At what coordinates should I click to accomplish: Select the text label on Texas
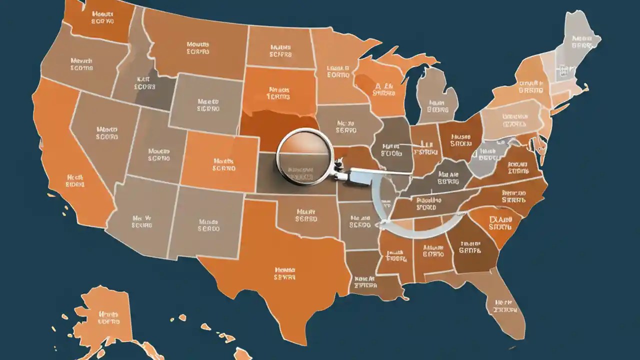click(285, 272)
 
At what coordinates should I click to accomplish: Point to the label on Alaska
click(108, 318)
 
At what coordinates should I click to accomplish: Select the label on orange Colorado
click(224, 165)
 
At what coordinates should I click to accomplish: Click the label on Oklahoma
click(306, 215)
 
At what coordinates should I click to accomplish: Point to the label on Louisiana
click(365, 282)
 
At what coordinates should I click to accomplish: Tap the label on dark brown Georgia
click(470, 246)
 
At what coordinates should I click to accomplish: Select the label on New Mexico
click(209, 225)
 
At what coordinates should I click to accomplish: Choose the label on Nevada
click(107, 132)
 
